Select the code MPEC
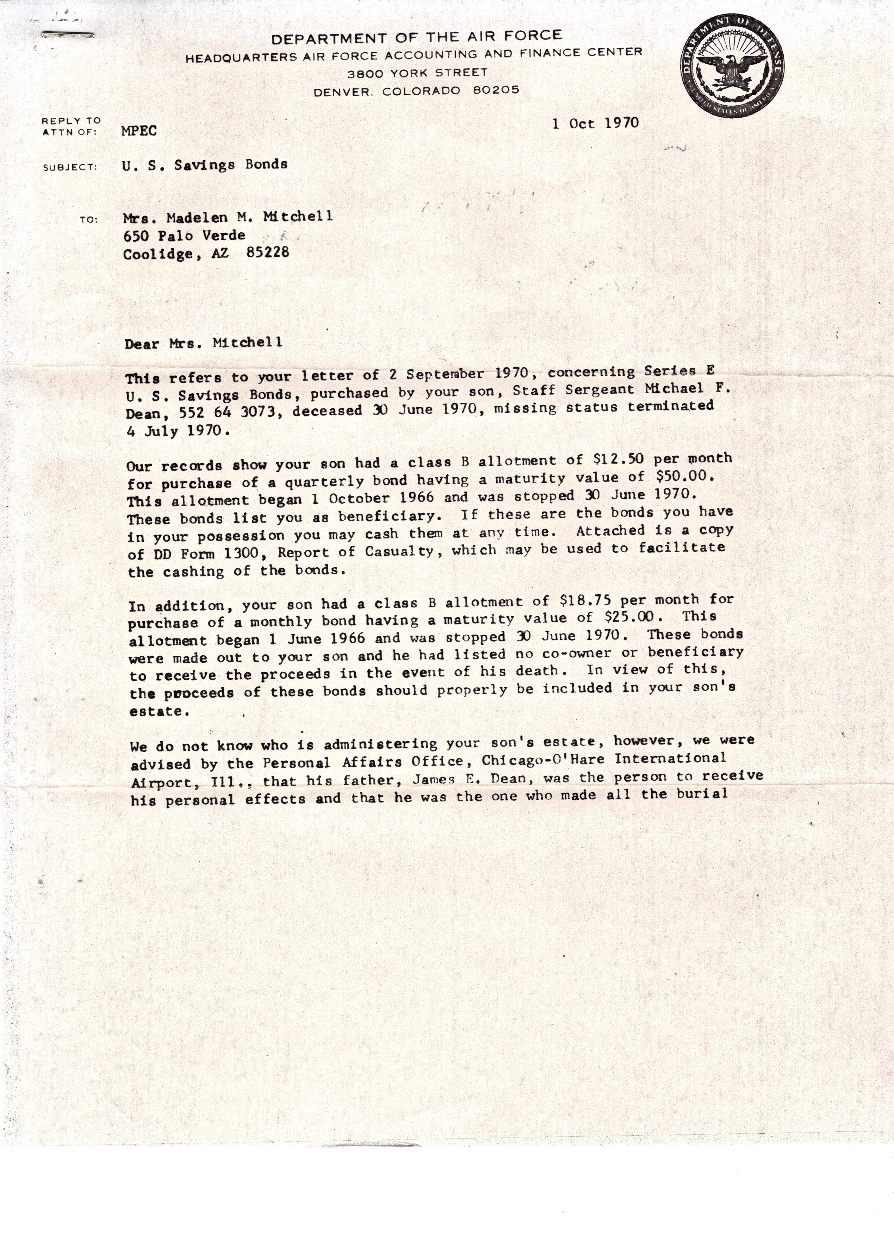(x=139, y=131)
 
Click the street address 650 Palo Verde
(x=184, y=236)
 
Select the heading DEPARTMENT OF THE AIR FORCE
(x=416, y=37)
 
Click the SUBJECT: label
(x=70, y=167)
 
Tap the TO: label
(x=88, y=220)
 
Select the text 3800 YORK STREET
(x=417, y=73)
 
